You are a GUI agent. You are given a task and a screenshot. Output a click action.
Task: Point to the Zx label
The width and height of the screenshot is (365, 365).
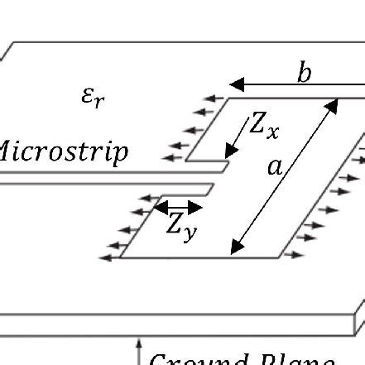tap(269, 126)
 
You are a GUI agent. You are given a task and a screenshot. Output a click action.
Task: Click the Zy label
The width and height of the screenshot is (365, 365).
tap(181, 226)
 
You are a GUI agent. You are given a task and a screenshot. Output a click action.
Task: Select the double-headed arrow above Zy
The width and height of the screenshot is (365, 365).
tap(179, 207)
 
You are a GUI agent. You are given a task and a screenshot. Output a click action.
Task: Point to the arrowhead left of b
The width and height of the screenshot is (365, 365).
tap(235, 84)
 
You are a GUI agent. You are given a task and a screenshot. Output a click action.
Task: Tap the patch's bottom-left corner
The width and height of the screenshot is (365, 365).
tap(121, 257)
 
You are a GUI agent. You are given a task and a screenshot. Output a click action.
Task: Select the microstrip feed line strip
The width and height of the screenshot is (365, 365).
tap(99, 177)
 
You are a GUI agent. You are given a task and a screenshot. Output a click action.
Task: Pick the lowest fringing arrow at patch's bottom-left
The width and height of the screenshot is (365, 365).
tap(108, 257)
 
